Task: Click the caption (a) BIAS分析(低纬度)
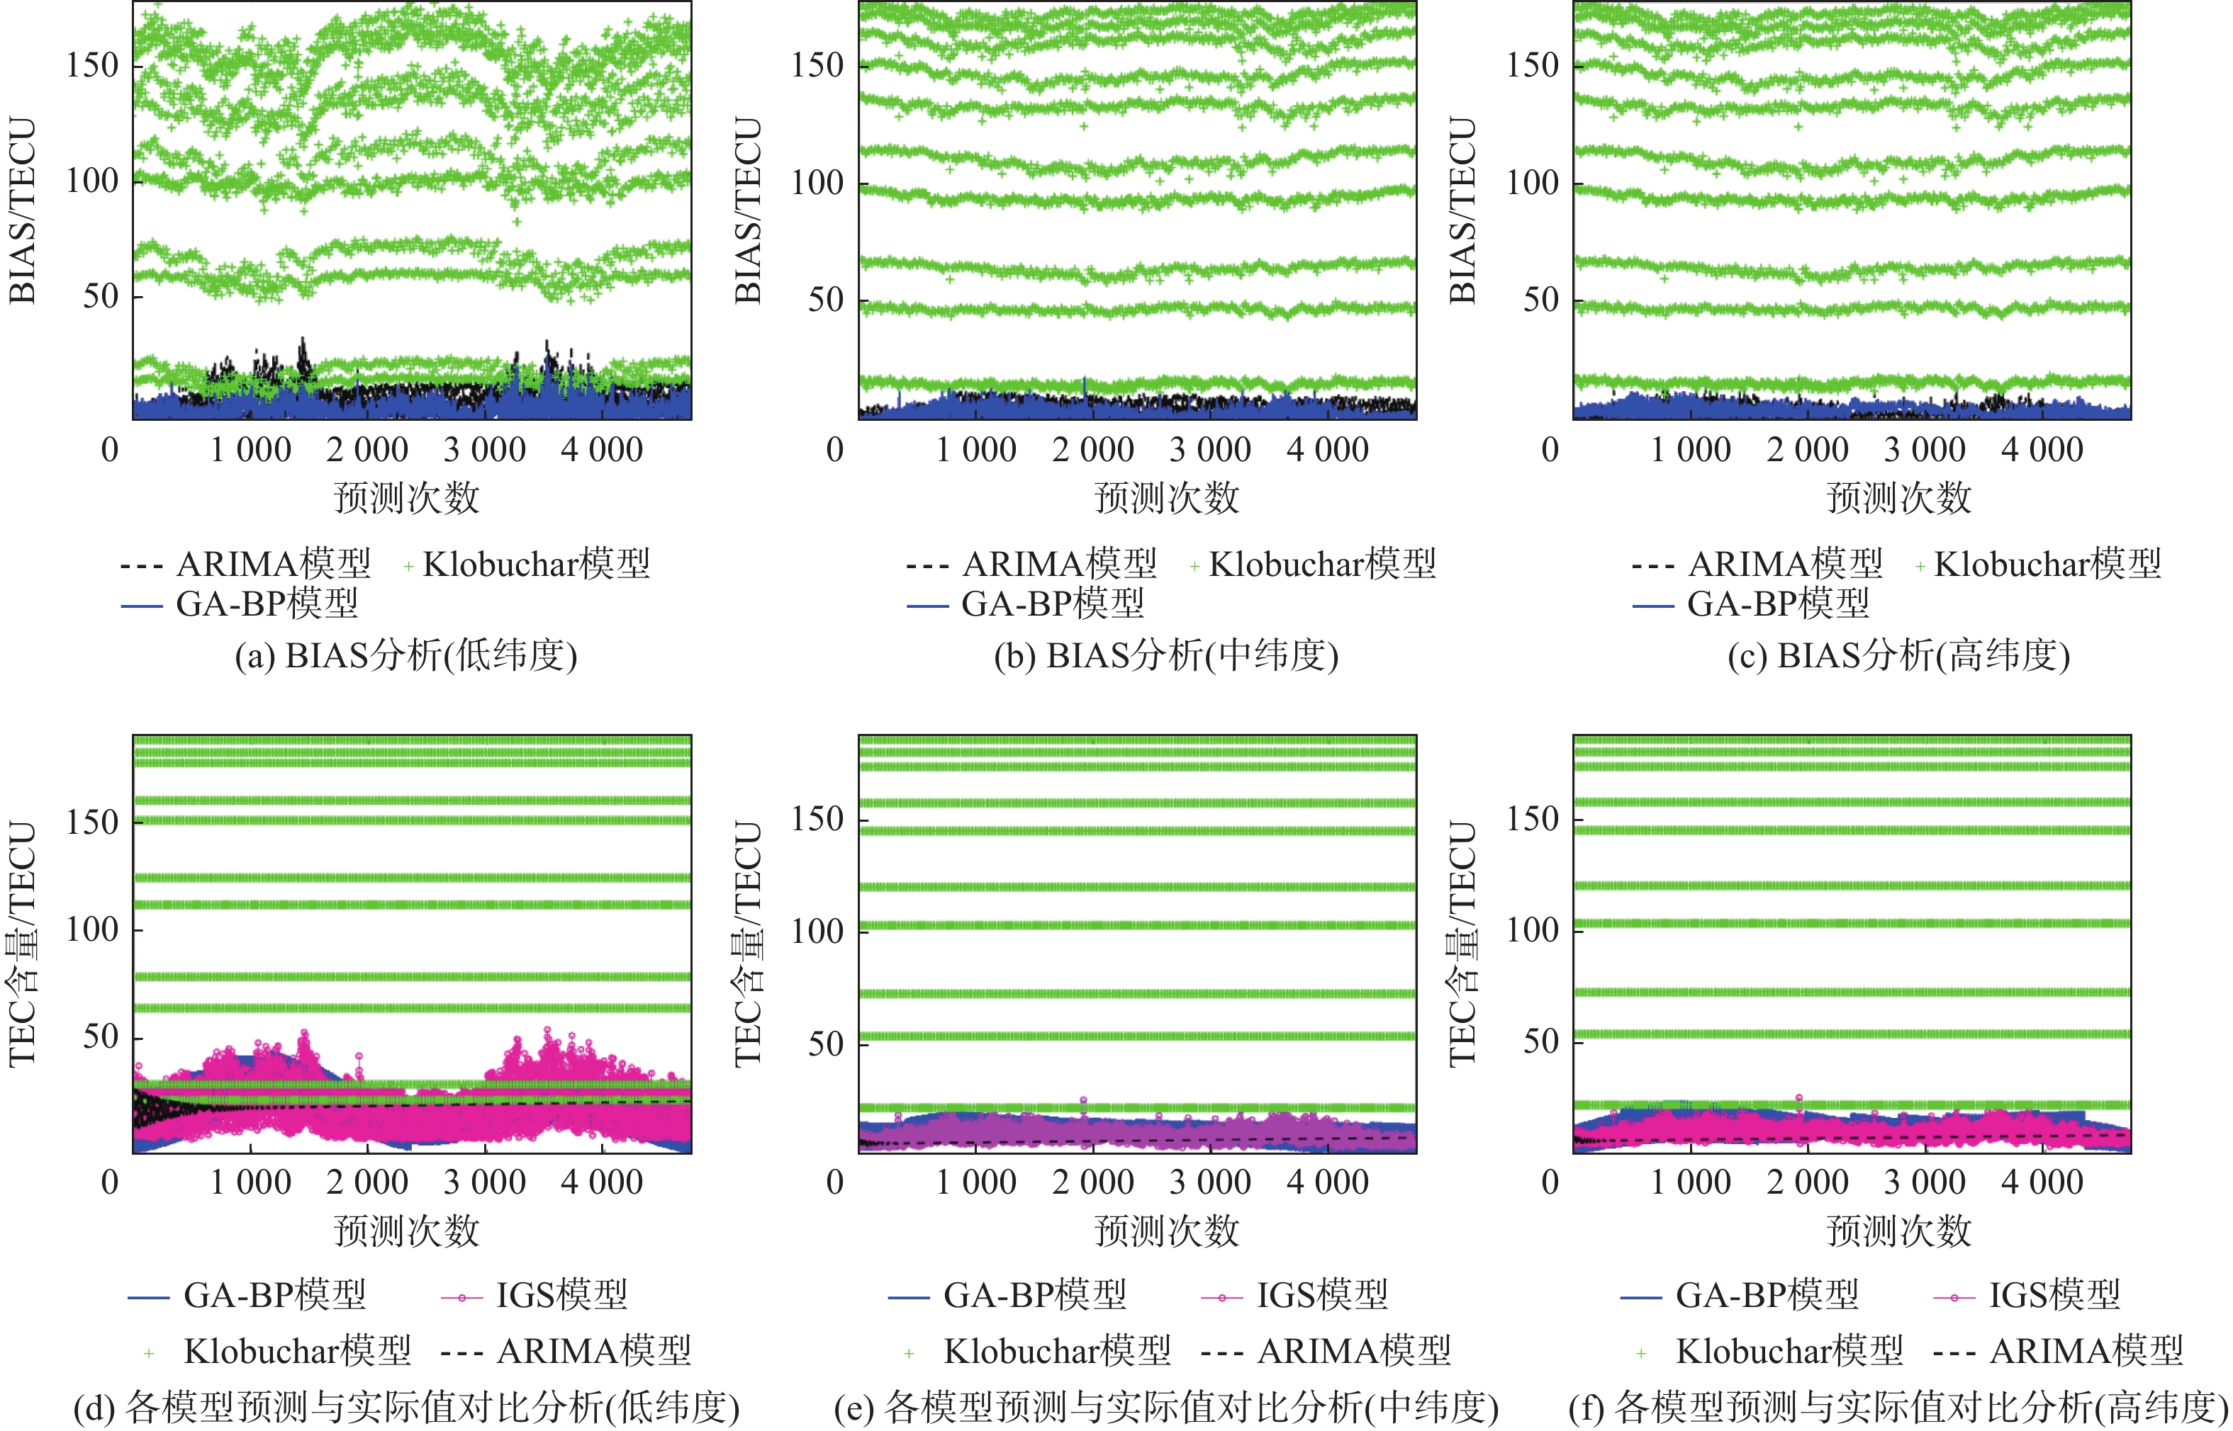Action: (x=406, y=656)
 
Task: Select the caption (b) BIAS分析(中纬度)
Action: (x=1166, y=656)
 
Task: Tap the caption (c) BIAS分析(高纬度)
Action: (x=1898, y=656)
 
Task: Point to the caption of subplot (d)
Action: (x=406, y=1407)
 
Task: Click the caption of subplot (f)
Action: (x=1898, y=1407)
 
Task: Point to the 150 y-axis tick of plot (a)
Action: (x=93, y=65)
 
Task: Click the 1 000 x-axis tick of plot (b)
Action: (x=976, y=450)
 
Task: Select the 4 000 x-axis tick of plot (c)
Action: (x=2042, y=450)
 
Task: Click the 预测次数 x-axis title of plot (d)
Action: (x=406, y=1231)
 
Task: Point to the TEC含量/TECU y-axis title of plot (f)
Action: (x=1462, y=943)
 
